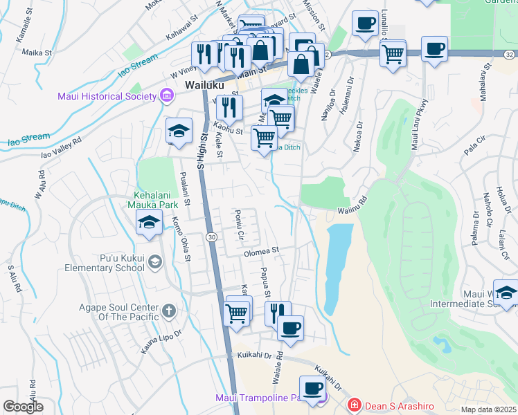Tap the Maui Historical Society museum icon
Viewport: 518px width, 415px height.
pos(166,95)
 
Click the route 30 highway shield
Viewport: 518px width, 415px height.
pos(211,237)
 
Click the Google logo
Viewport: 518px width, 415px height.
pos(23,407)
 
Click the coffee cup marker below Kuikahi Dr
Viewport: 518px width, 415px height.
pos(312,388)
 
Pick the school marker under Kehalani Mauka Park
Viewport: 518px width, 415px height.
pos(149,223)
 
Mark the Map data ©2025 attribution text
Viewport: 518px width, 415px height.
pos(488,409)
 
